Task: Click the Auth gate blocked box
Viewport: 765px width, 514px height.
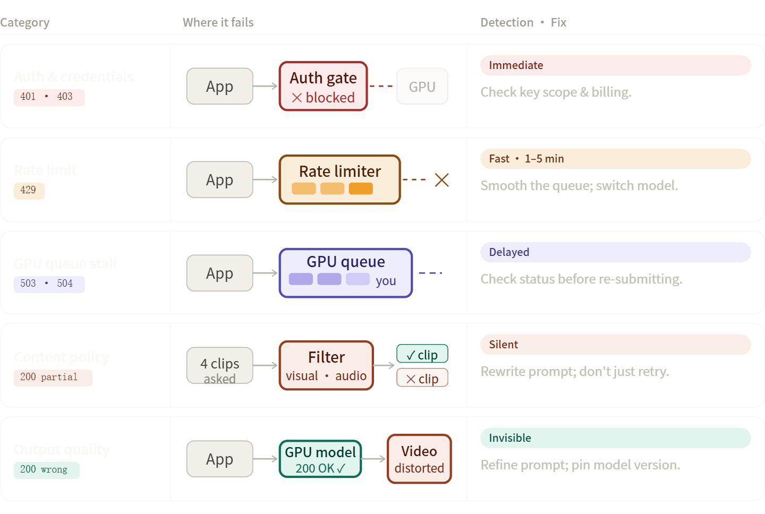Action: [323, 87]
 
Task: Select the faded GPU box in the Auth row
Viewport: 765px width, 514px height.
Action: [422, 87]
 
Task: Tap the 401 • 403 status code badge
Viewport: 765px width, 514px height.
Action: [49, 97]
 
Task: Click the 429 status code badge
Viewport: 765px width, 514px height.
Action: [29, 191]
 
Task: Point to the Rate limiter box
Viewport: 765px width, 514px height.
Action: [339, 179]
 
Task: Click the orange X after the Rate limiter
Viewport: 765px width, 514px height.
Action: [441, 180]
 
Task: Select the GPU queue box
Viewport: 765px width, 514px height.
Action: [345, 273]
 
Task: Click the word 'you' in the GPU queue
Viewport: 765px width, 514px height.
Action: [386, 281]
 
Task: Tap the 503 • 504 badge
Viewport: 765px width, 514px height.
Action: [49, 284]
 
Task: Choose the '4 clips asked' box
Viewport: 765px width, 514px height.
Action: [219, 365]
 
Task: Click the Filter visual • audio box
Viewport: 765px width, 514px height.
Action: [326, 365]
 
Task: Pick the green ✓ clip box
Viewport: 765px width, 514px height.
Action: [422, 354]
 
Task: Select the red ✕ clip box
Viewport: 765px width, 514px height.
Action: [422, 378]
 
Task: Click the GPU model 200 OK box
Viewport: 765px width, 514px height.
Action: [320, 459]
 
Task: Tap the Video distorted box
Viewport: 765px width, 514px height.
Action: [419, 459]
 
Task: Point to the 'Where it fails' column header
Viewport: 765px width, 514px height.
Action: [218, 22]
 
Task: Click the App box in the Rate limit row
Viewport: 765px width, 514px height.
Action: [219, 179]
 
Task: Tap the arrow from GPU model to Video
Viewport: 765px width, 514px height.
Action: [374, 459]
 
